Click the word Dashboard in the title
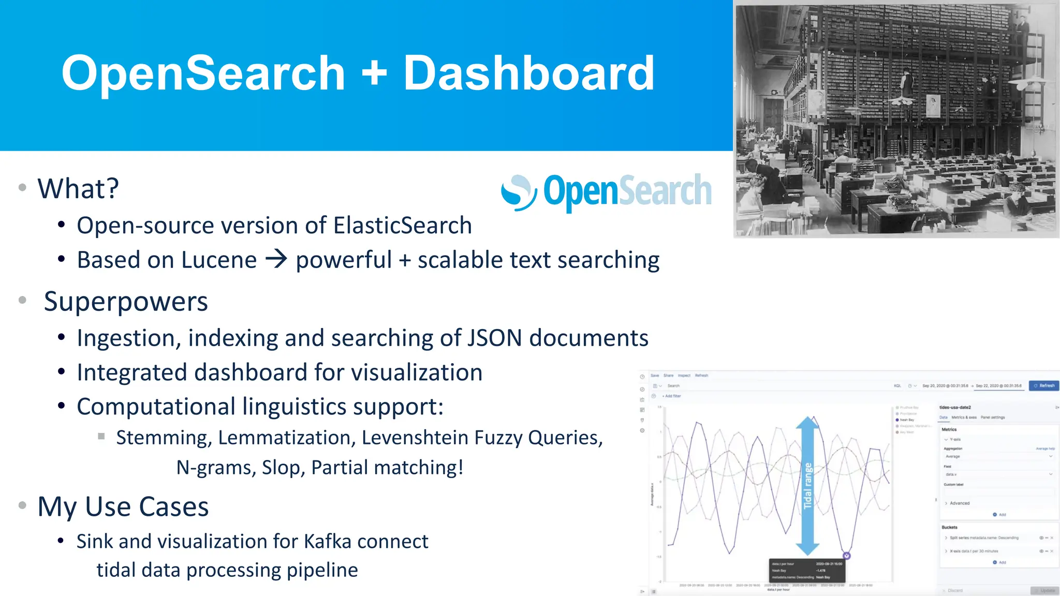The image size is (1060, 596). pos(528,73)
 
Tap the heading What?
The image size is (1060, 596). pos(78,188)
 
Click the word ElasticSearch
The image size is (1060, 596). pos(402,226)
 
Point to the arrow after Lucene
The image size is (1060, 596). pos(276,259)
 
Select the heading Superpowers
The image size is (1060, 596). pos(126,302)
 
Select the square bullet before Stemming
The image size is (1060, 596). pos(101,436)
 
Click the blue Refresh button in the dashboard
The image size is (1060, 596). pos(1044,385)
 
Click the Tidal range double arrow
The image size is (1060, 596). pos(807,485)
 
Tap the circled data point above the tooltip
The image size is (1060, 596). pos(847,556)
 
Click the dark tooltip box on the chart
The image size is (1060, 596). pos(807,570)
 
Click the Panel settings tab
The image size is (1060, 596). pos(992,418)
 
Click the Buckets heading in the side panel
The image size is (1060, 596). pos(949,527)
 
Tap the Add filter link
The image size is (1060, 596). pos(672,396)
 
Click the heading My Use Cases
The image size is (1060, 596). pos(123,506)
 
